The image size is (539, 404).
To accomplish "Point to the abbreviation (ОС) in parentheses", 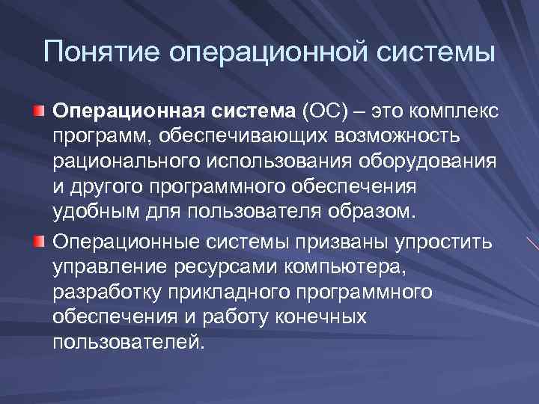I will coord(325,112).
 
